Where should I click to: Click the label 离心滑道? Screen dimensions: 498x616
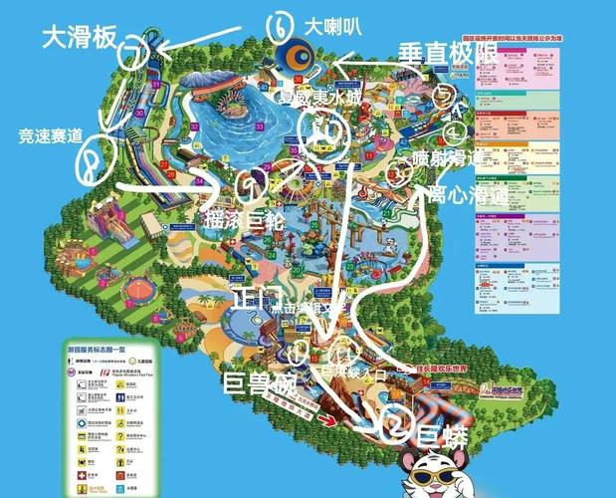(466, 193)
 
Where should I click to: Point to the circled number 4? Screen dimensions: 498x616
(454, 129)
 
